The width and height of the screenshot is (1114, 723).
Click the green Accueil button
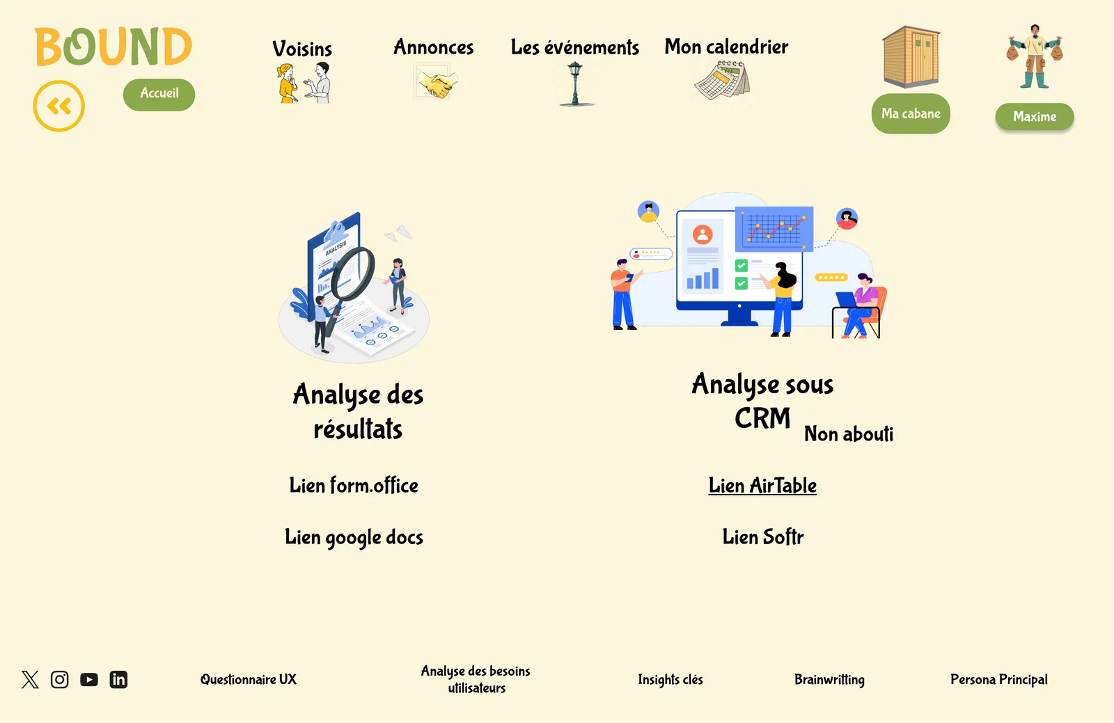(159, 95)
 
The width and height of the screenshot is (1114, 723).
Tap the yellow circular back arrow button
(58, 106)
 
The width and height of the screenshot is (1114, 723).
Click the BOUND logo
(113, 46)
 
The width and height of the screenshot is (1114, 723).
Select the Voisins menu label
(302, 49)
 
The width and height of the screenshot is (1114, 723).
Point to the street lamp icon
(575, 84)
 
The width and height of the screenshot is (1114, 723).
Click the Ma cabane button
(911, 113)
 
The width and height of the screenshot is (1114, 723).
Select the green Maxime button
(1035, 117)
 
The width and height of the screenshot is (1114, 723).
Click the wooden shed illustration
(911, 56)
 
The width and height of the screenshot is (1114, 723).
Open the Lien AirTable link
(762, 486)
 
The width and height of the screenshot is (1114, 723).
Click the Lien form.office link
(354, 486)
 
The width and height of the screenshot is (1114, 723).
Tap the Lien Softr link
(763, 537)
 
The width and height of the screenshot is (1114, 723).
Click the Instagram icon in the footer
(60, 679)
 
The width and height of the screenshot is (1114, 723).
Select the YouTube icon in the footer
(89, 679)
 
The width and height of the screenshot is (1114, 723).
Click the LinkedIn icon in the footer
(118, 679)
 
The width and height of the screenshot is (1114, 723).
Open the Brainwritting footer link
(829, 679)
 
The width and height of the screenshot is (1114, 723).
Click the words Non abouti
(849, 434)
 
